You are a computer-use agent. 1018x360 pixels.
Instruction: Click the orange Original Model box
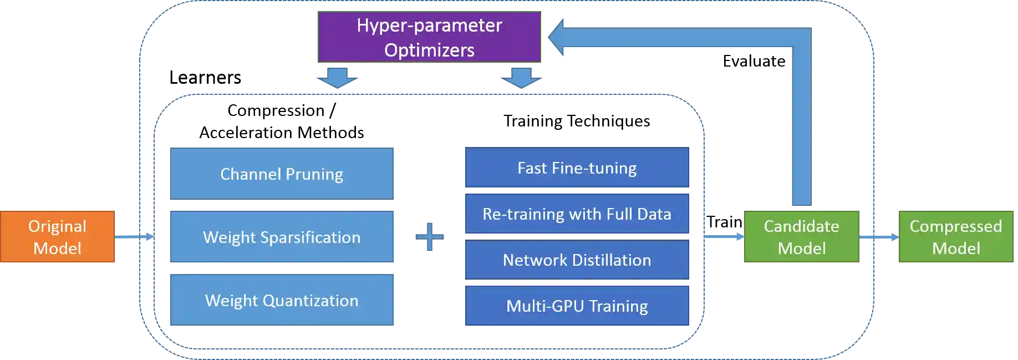coord(57,237)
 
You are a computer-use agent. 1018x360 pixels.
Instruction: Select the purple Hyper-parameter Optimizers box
coord(429,37)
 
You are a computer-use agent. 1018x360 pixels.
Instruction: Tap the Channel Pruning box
coord(282,174)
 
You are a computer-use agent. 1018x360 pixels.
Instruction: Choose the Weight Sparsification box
coord(282,237)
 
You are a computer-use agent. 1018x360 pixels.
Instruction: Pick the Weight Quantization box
coord(282,300)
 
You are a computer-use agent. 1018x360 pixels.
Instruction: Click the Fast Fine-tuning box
coord(577,168)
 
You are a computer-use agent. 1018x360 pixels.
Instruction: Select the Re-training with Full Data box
coord(577,214)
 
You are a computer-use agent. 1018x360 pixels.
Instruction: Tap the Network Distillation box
coord(577,260)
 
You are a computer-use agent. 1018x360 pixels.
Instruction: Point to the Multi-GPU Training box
coord(577,306)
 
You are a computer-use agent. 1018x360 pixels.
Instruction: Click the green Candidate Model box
coord(801,237)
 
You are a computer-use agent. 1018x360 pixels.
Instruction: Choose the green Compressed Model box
coord(956,237)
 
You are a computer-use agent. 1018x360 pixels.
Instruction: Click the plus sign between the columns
coord(430,237)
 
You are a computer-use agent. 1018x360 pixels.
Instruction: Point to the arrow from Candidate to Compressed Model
coord(879,237)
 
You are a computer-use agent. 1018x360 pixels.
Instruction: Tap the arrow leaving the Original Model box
coord(133,237)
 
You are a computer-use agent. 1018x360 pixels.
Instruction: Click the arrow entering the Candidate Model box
coord(724,237)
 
